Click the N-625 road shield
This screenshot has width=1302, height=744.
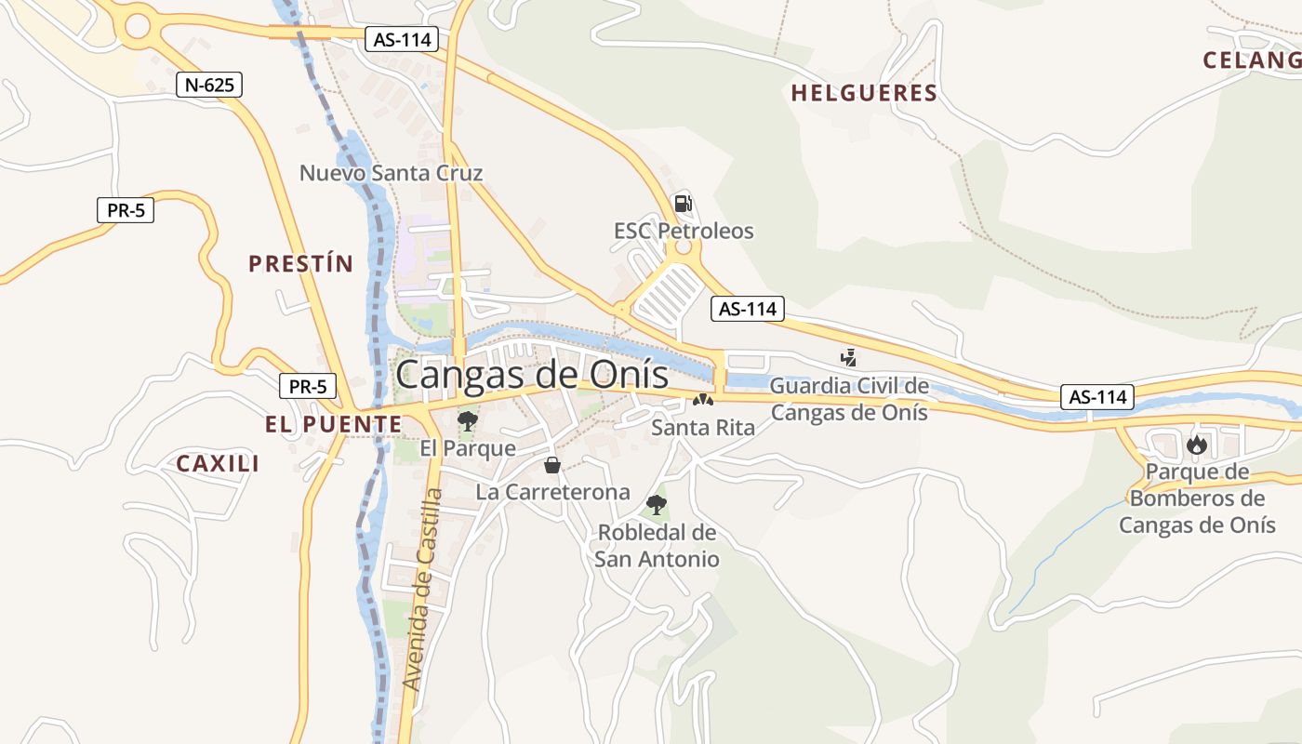tap(209, 86)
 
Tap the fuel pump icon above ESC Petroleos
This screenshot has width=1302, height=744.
tap(683, 204)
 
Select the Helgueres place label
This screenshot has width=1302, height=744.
tap(864, 93)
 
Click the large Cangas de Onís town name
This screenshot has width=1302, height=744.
tap(532, 375)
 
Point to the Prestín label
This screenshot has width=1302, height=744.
tap(301, 264)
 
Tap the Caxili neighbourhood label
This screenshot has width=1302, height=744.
tap(218, 463)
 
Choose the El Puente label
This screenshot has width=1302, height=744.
tap(333, 425)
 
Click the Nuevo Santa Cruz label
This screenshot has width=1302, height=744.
tap(391, 173)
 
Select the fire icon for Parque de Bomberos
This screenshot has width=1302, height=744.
tap(1196, 445)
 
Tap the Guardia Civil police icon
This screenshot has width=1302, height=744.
tap(848, 356)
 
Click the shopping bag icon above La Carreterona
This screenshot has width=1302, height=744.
tap(552, 465)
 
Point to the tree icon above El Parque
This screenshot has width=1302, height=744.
tap(467, 421)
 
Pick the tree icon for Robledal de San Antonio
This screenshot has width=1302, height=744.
tap(657, 506)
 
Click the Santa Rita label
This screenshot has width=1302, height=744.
tap(703, 428)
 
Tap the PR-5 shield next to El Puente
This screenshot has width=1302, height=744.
tap(308, 386)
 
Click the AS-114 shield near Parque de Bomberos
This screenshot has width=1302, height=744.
tap(1097, 397)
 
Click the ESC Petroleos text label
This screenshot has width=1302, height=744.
tap(684, 231)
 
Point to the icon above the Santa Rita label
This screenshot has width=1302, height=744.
tap(703, 401)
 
